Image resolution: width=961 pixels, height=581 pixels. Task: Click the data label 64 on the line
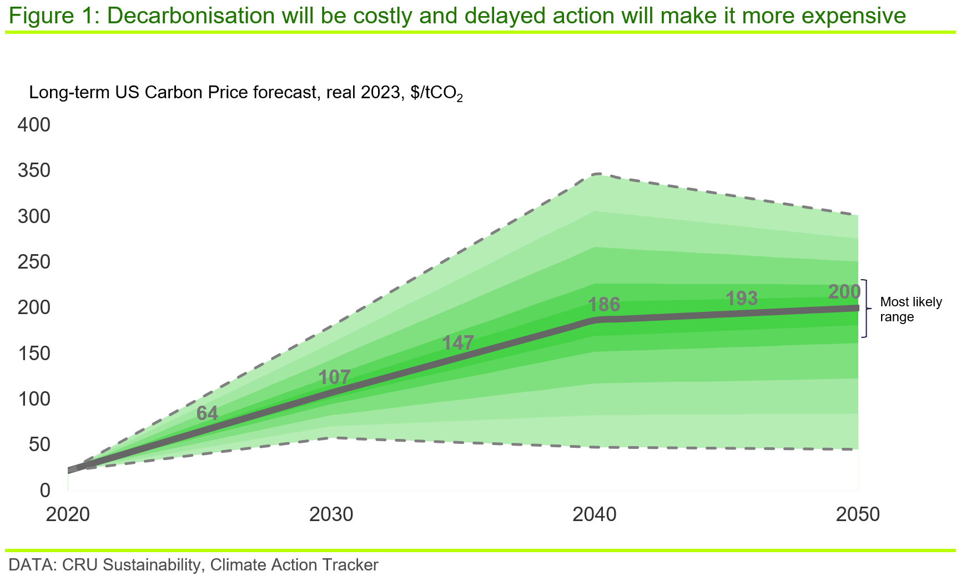tap(207, 413)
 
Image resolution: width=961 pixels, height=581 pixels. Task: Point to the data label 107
tap(335, 377)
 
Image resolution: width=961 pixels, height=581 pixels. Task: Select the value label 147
tap(457, 343)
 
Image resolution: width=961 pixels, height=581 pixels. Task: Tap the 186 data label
tap(603, 304)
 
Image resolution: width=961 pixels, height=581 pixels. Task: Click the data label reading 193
tap(742, 299)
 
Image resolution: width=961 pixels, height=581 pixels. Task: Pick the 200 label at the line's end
tap(843, 291)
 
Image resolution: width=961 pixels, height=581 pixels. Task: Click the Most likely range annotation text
tap(910, 309)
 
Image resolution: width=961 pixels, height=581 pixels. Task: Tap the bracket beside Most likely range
tap(864, 308)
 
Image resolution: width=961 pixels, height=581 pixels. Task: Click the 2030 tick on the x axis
tap(331, 515)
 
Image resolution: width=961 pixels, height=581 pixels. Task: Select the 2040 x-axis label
tap(595, 515)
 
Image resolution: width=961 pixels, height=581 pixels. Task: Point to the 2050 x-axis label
tap(858, 515)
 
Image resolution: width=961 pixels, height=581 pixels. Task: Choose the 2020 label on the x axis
tap(68, 515)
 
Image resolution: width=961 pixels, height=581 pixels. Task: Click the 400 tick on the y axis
tap(34, 125)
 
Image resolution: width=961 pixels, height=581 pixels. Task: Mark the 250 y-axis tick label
tap(34, 261)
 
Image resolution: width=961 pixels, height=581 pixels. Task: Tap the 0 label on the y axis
tap(45, 490)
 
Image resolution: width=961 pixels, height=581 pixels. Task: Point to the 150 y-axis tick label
tap(34, 353)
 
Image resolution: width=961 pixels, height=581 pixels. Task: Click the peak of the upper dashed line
tap(597, 174)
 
